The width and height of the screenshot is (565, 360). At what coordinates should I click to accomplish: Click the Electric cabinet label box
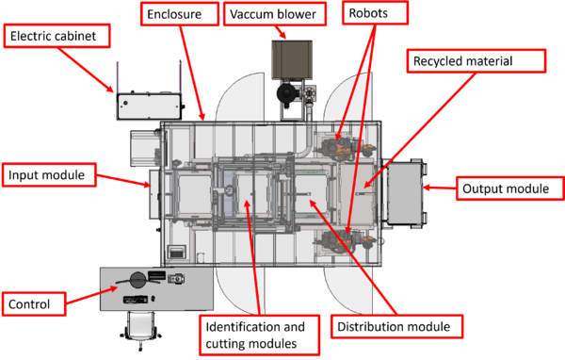(x=56, y=36)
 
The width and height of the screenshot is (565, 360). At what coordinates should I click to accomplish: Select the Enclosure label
(x=180, y=14)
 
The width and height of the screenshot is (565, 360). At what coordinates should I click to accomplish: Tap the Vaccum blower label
(x=275, y=14)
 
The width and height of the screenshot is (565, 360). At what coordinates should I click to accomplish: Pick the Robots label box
(x=375, y=13)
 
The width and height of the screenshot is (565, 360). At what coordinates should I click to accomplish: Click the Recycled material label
(x=476, y=61)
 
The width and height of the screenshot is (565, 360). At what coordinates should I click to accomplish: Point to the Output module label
(x=509, y=188)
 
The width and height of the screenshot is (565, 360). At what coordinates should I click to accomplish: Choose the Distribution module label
(x=396, y=326)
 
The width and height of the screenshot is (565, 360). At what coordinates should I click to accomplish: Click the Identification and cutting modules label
(x=260, y=335)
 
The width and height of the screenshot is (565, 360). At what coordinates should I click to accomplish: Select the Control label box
(x=34, y=304)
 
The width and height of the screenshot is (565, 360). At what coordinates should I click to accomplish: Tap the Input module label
(x=49, y=175)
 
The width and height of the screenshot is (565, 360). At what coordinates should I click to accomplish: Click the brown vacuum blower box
(x=292, y=59)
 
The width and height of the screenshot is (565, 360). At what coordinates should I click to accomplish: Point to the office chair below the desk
(x=140, y=330)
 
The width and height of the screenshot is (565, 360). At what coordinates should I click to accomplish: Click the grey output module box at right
(x=405, y=192)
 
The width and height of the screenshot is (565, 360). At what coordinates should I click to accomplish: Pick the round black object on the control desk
(x=137, y=280)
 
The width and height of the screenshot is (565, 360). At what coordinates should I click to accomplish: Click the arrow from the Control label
(x=91, y=295)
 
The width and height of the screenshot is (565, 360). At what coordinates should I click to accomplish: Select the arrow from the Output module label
(x=440, y=188)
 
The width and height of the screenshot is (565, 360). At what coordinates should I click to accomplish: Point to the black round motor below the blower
(x=286, y=93)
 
